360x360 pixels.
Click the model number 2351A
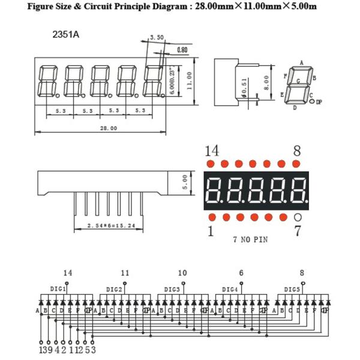click(66, 34)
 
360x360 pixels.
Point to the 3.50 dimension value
click(157, 37)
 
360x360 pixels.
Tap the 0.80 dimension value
click(182, 49)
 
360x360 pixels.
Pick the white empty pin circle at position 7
click(298, 217)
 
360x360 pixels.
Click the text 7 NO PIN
click(250, 239)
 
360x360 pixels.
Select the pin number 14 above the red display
click(212, 150)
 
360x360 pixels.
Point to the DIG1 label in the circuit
click(58, 289)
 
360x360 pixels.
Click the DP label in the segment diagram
click(319, 102)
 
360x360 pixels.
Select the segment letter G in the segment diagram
click(298, 80)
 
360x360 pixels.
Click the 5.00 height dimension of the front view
click(185, 181)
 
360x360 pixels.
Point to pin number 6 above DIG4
click(241, 273)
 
